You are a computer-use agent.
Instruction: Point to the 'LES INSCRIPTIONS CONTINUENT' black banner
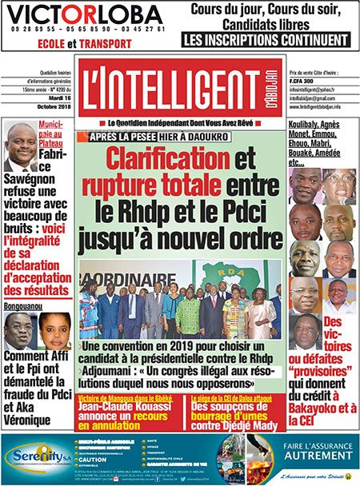(265, 38)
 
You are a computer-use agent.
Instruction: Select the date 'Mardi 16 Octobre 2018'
(50, 102)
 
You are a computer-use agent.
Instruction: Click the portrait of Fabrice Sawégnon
(19, 147)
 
